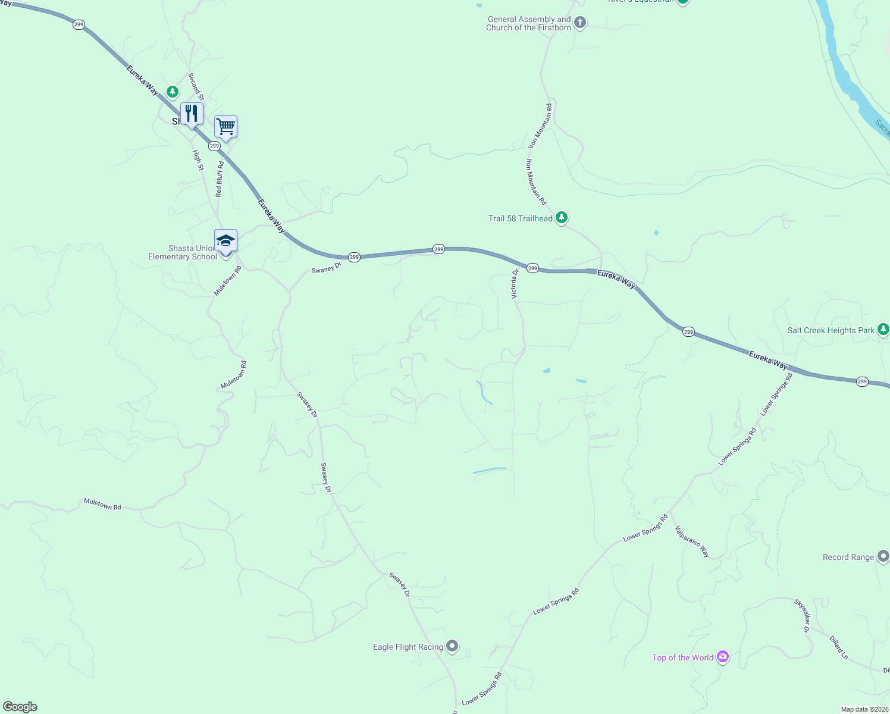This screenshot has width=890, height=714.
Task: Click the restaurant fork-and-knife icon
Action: click(192, 113)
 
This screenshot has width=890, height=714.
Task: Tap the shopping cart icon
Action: click(225, 126)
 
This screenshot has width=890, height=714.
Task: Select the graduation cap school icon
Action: click(225, 240)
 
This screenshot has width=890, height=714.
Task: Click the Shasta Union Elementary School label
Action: click(182, 252)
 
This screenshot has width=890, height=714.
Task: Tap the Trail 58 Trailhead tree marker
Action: click(562, 218)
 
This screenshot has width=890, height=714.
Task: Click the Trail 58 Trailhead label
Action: click(520, 218)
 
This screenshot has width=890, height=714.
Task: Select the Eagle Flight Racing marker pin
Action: click(452, 646)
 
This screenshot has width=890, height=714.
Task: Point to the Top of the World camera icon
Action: click(723, 657)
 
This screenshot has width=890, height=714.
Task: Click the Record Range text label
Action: click(848, 557)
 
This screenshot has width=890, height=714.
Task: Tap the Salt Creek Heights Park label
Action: click(831, 330)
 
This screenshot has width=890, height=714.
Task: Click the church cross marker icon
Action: click(580, 23)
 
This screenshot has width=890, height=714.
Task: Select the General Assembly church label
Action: click(528, 23)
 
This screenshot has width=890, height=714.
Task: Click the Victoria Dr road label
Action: click(515, 283)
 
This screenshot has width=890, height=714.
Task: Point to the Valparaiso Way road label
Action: click(692, 541)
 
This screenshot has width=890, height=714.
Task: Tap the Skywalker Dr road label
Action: click(802, 616)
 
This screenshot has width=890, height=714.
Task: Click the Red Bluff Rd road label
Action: click(220, 179)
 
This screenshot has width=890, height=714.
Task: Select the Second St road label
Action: click(196, 86)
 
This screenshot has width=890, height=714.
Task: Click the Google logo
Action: click(20, 707)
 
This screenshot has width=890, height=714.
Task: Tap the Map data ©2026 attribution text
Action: click(864, 709)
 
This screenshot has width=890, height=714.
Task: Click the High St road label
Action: click(198, 160)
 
